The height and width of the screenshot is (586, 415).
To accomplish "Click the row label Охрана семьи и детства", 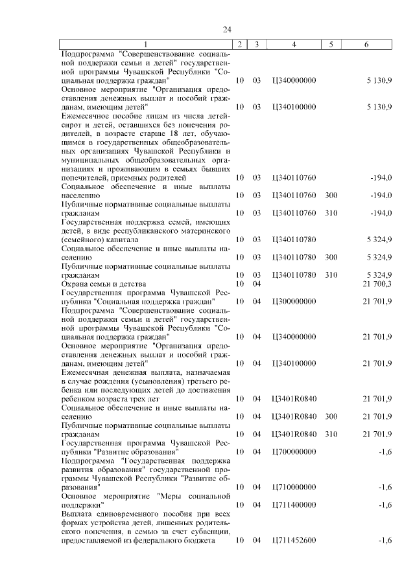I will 103,284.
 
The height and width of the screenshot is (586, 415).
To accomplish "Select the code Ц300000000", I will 294,301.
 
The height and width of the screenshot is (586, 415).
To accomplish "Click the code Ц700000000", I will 294,451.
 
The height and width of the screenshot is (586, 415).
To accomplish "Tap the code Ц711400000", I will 294,504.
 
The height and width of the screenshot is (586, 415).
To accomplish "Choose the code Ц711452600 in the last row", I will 294,539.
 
